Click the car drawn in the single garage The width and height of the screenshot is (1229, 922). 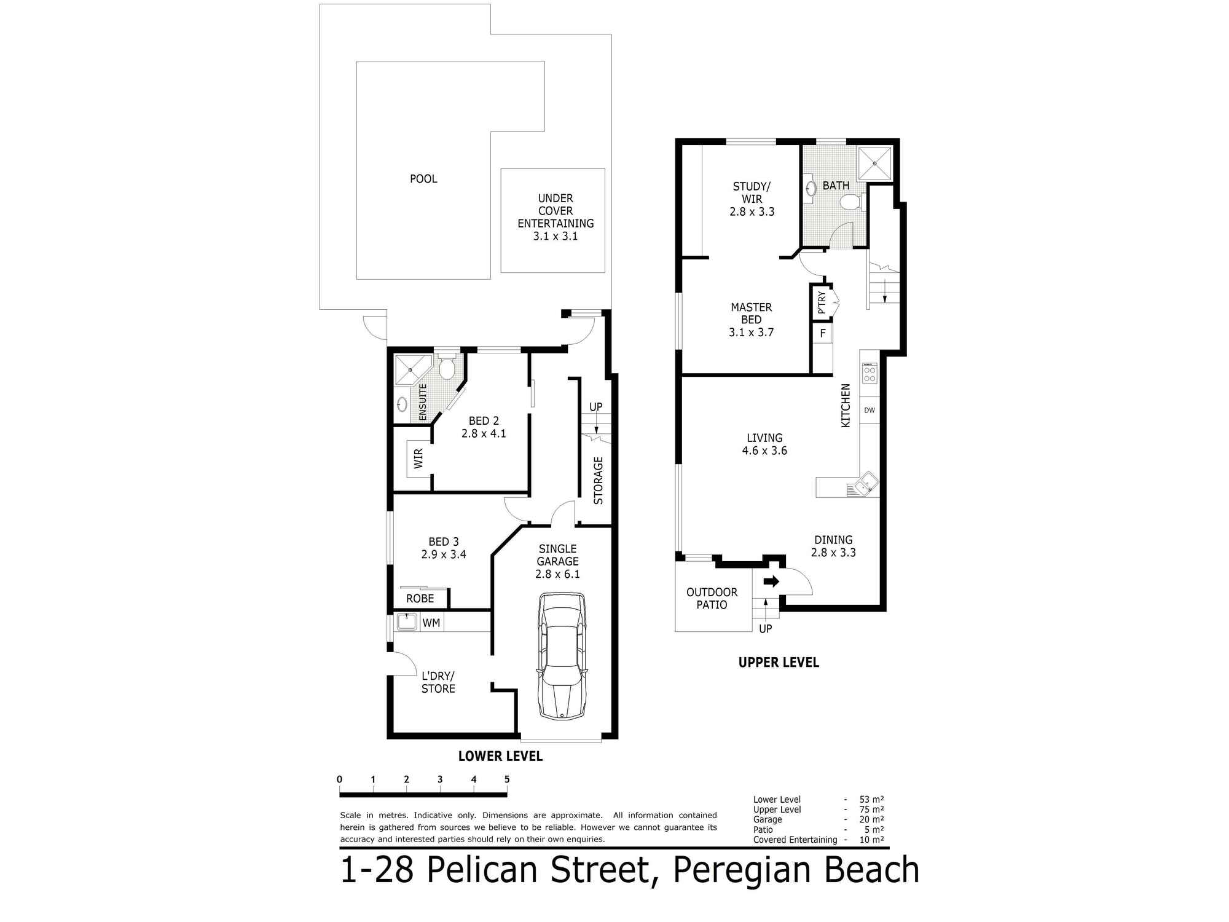[x=562, y=656]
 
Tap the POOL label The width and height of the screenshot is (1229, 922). [x=423, y=179]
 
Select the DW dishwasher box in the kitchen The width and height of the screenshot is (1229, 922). [x=870, y=410]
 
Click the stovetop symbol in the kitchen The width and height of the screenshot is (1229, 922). [x=870, y=373]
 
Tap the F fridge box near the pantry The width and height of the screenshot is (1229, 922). [x=823, y=334]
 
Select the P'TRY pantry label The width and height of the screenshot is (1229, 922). [x=822, y=302]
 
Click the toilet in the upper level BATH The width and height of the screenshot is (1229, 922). [x=851, y=202]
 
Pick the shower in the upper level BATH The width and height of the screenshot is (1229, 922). [x=874, y=164]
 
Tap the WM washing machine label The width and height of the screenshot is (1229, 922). [x=431, y=623]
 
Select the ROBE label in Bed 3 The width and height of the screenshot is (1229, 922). [x=420, y=598]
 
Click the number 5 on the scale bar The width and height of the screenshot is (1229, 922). [x=507, y=779]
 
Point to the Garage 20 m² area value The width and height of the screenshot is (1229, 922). [x=871, y=819]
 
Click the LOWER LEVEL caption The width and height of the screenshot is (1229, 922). [x=500, y=756]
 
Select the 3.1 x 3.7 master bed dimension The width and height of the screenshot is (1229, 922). [x=751, y=333]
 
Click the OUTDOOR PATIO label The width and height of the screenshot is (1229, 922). [x=712, y=598]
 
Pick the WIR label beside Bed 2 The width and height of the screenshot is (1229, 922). [x=418, y=459]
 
